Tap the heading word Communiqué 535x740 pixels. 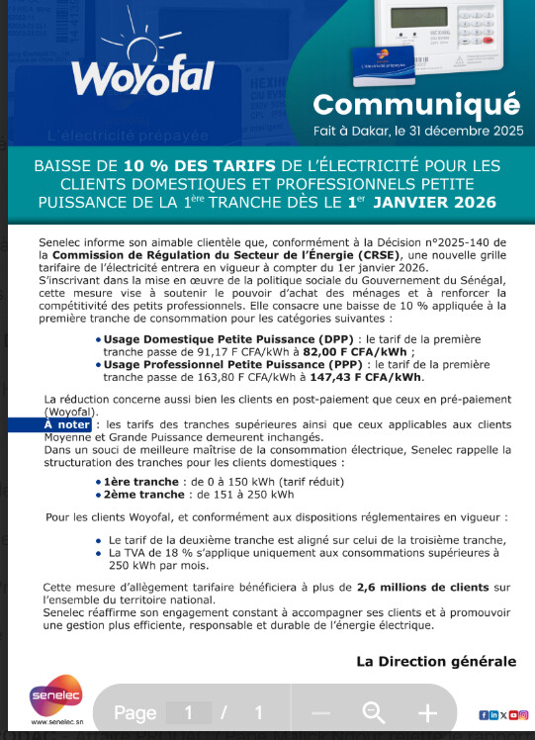click(415, 103)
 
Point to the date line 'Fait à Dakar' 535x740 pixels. click(415, 129)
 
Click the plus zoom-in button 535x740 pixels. click(427, 712)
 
